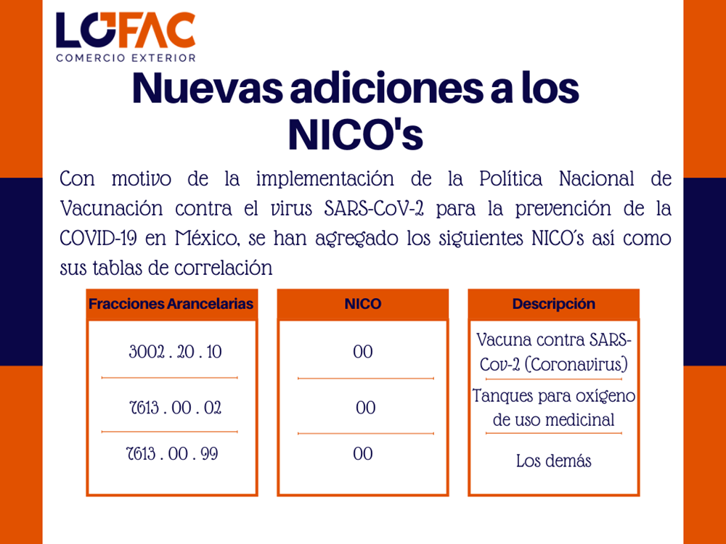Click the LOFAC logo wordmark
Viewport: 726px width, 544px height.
point(126,30)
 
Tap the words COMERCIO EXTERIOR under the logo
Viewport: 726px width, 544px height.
point(126,58)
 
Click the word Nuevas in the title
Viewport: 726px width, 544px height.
point(208,88)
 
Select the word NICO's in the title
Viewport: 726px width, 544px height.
point(356,135)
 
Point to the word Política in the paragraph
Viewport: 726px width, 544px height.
point(510,178)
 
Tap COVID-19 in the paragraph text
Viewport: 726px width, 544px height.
point(98,239)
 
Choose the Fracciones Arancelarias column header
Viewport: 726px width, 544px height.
point(171,304)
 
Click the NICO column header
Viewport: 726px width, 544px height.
point(363,304)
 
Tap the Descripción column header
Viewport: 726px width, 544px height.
point(554,304)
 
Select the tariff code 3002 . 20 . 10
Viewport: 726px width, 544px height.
point(176,352)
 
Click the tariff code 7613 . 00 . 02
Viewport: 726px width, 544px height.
point(176,408)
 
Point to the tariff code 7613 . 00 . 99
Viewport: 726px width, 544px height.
point(172,454)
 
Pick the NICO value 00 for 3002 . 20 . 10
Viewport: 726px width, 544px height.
point(363,352)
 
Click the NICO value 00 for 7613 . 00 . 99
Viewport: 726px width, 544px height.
point(363,454)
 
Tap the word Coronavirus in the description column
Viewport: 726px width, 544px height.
point(576,365)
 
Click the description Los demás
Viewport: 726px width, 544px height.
point(554,461)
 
